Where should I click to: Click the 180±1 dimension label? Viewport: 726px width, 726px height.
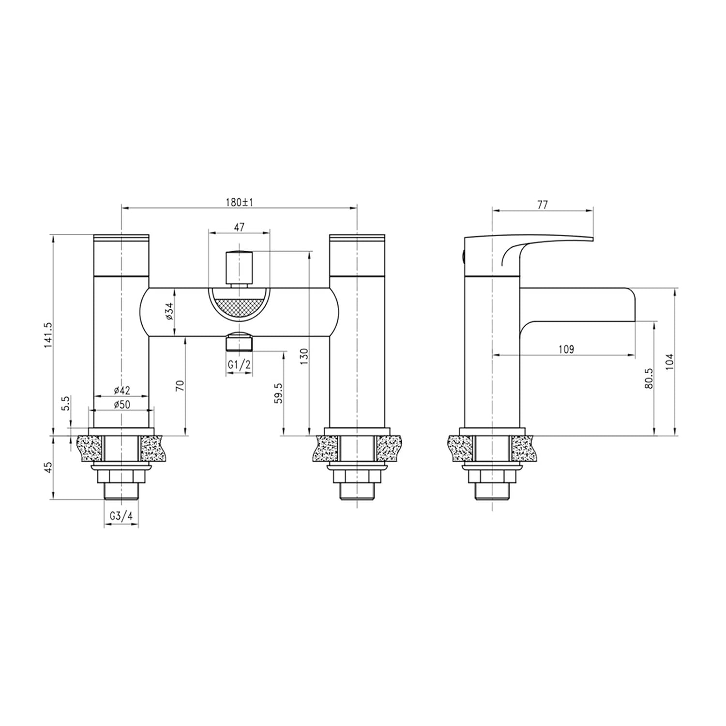pyautogui.click(x=239, y=202)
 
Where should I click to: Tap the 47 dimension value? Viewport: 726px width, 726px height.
pyautogui.click(x=239, y=227)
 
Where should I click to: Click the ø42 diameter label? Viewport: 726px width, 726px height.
pyautogui.click(x=122, y=390)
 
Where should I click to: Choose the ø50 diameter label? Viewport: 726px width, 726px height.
pyautogui.click(x=122, y=405)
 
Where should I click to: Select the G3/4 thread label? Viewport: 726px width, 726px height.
pyautogui.click(x=121, y=516)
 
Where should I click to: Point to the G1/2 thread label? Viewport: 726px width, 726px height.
pyautogui.click(x=240, y=364)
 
